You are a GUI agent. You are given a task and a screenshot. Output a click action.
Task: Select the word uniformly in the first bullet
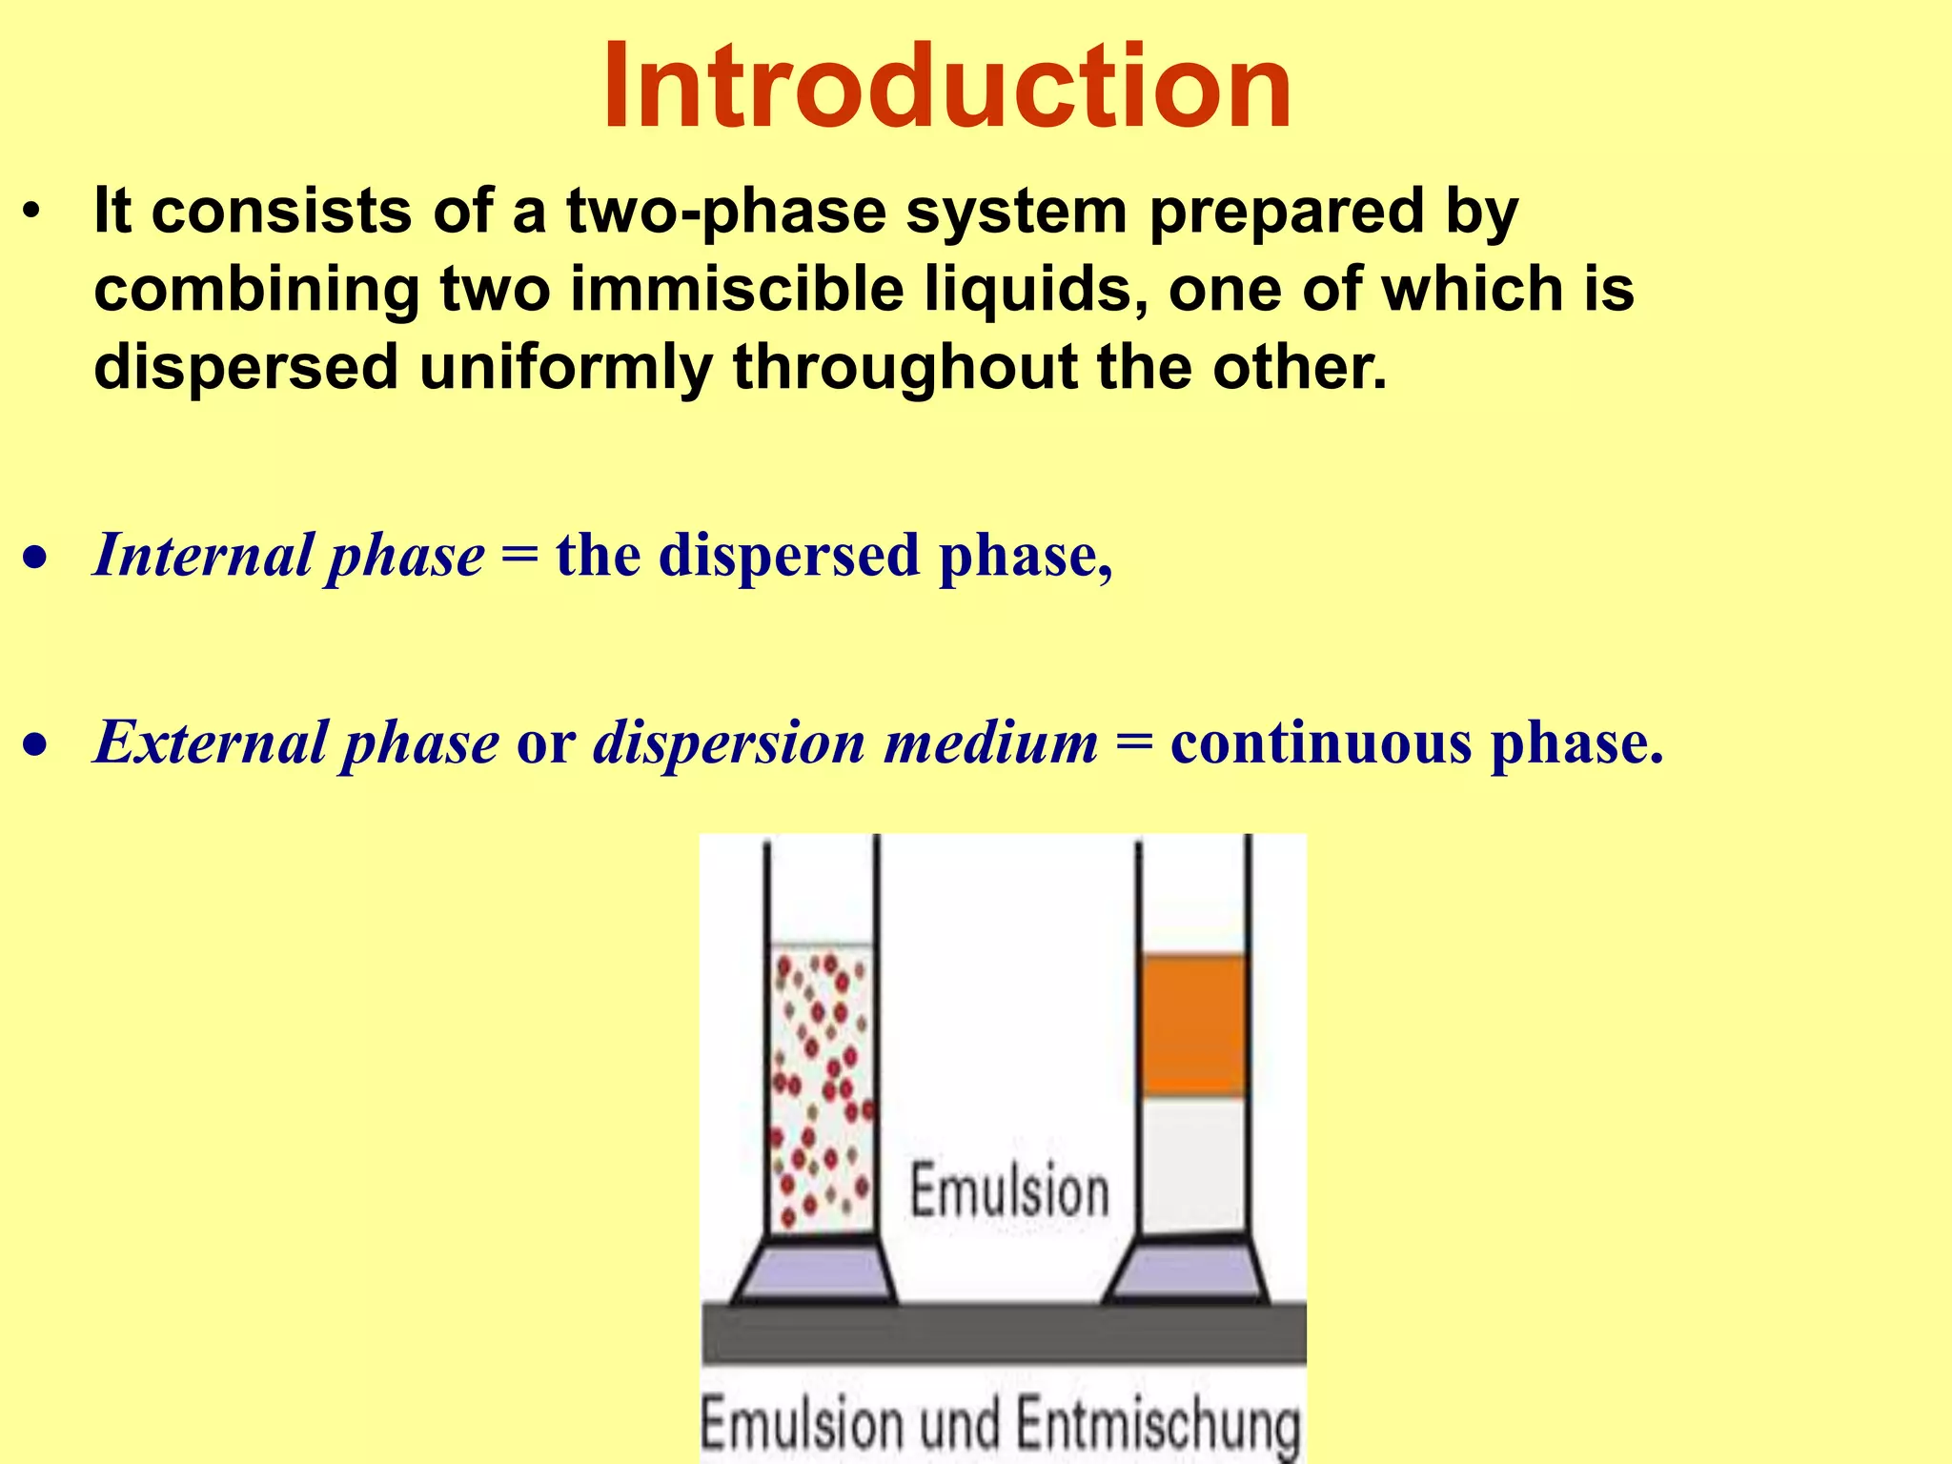point(565,367)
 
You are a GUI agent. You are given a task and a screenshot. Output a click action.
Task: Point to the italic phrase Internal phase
point(289,555)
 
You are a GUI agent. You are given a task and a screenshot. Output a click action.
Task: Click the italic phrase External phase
point(295,742)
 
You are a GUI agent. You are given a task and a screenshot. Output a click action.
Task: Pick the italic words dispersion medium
point(845,742)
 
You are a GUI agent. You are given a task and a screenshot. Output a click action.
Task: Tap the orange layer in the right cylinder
point(1193,1025)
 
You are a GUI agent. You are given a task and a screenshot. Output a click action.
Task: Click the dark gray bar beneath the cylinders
point(1003,1333)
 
